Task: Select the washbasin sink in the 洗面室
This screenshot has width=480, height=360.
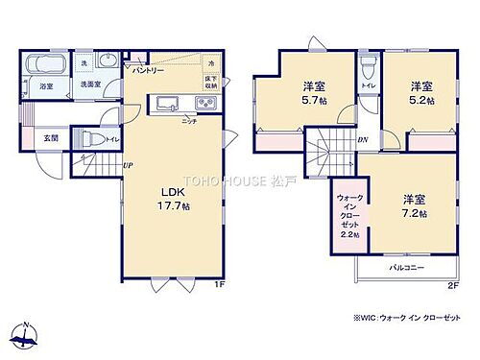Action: click(108, 66)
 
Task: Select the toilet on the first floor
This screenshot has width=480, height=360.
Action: click(87, 138)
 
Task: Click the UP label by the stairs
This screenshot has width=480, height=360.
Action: click(127, 166)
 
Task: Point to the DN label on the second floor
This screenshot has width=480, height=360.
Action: click(362, 140)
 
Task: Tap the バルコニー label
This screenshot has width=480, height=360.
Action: click(408, 269)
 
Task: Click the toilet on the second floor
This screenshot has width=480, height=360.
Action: click(370, 73)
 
